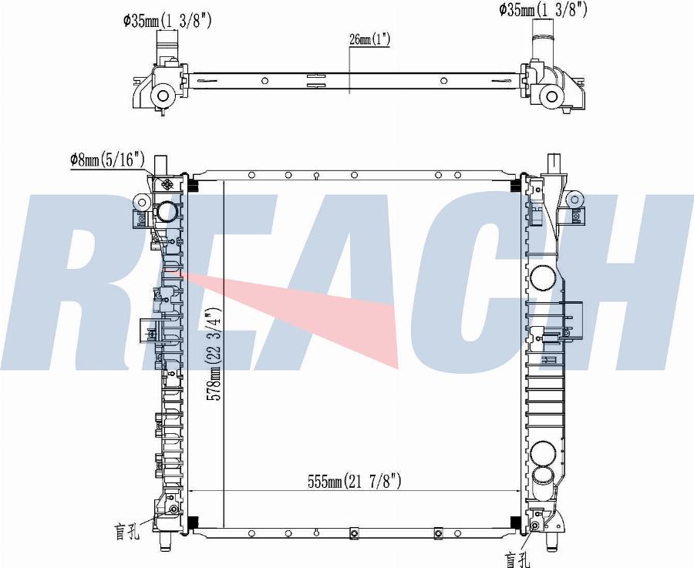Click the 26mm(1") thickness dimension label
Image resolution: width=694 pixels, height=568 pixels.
369,39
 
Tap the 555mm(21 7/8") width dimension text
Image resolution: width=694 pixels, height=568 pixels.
355,481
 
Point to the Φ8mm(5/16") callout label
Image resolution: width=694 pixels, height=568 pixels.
107,160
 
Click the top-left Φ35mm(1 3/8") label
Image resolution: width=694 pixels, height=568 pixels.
167,20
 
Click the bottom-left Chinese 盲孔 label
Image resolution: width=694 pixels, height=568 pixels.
128,531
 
